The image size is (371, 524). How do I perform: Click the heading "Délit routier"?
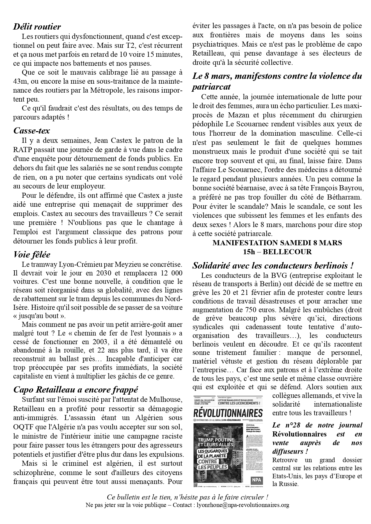point(37,27)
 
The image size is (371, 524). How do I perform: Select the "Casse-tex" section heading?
point(31,131)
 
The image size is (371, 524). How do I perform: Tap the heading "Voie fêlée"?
point(32,255)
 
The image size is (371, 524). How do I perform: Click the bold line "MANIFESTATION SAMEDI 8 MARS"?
point(277,243)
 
